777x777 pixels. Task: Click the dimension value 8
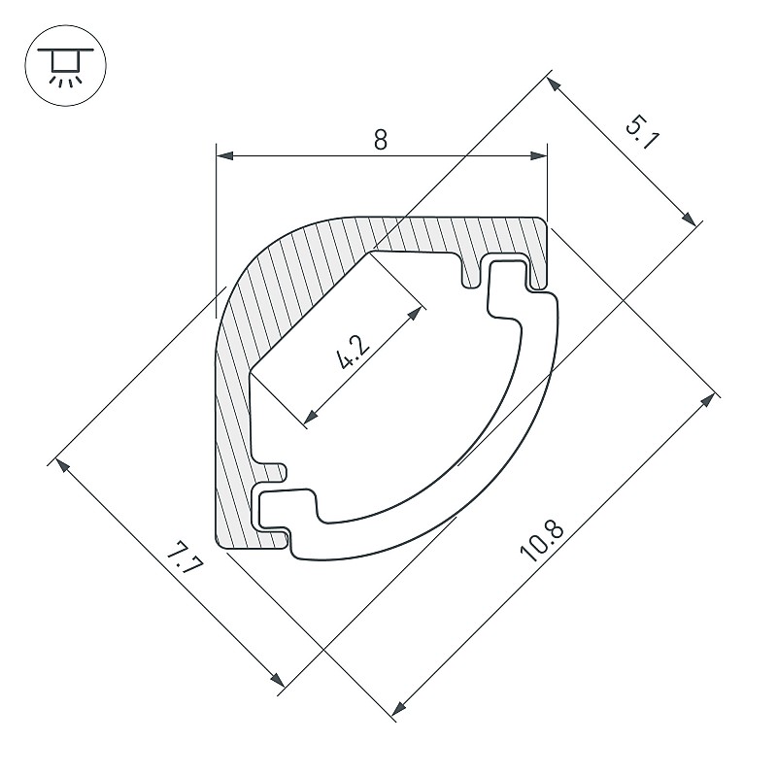click(x=380, y=140)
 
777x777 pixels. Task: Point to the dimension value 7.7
click(x=185, y=557)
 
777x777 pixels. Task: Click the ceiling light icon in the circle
click(x=65, y=66)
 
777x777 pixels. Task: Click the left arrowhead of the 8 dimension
click(x=225, y=155)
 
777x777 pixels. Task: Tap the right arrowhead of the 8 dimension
click(x=539, y=155)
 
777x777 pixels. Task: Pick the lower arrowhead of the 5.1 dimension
click(x=689, y=219)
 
